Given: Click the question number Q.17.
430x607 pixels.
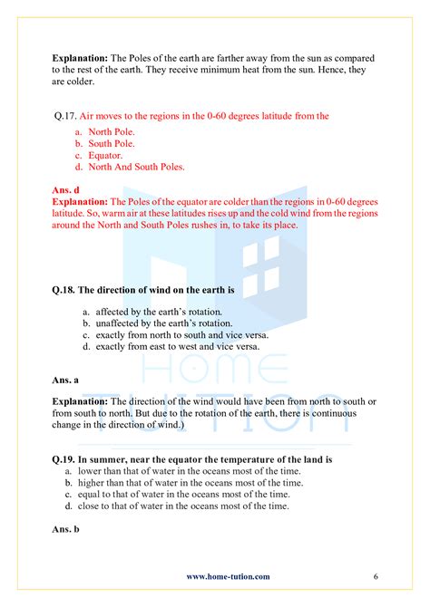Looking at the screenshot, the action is point(66,116).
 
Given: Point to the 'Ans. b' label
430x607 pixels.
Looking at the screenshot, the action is point(65,527).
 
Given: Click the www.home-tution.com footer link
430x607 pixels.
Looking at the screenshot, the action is point(228,576).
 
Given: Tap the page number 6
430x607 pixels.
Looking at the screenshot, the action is point(375,576).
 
